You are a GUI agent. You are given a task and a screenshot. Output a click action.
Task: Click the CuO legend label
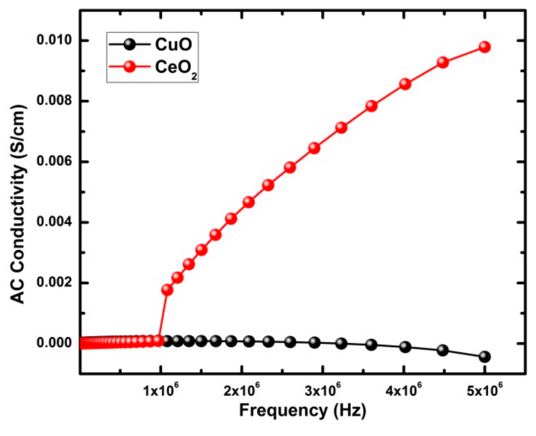click(174, 45)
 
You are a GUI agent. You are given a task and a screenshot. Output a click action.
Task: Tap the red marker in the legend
click(130, 67)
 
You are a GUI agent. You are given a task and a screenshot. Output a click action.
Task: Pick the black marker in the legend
click(130, 44)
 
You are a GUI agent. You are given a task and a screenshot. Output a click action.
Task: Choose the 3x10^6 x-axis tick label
click(323, 391)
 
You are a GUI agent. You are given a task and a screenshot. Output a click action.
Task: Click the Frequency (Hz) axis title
click(302, 410)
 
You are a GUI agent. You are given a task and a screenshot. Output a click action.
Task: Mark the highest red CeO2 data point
click(484, 47)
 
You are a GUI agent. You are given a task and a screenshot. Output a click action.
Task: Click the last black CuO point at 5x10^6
click(484, 357)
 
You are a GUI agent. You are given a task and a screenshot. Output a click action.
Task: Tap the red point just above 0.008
click(405, 84)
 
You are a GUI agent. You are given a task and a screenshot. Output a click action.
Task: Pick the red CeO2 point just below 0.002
click(167, 290)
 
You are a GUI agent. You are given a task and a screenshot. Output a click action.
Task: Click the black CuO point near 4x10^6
click(405, 347)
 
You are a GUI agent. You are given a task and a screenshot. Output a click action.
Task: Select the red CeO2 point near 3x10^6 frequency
click(314, 148)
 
